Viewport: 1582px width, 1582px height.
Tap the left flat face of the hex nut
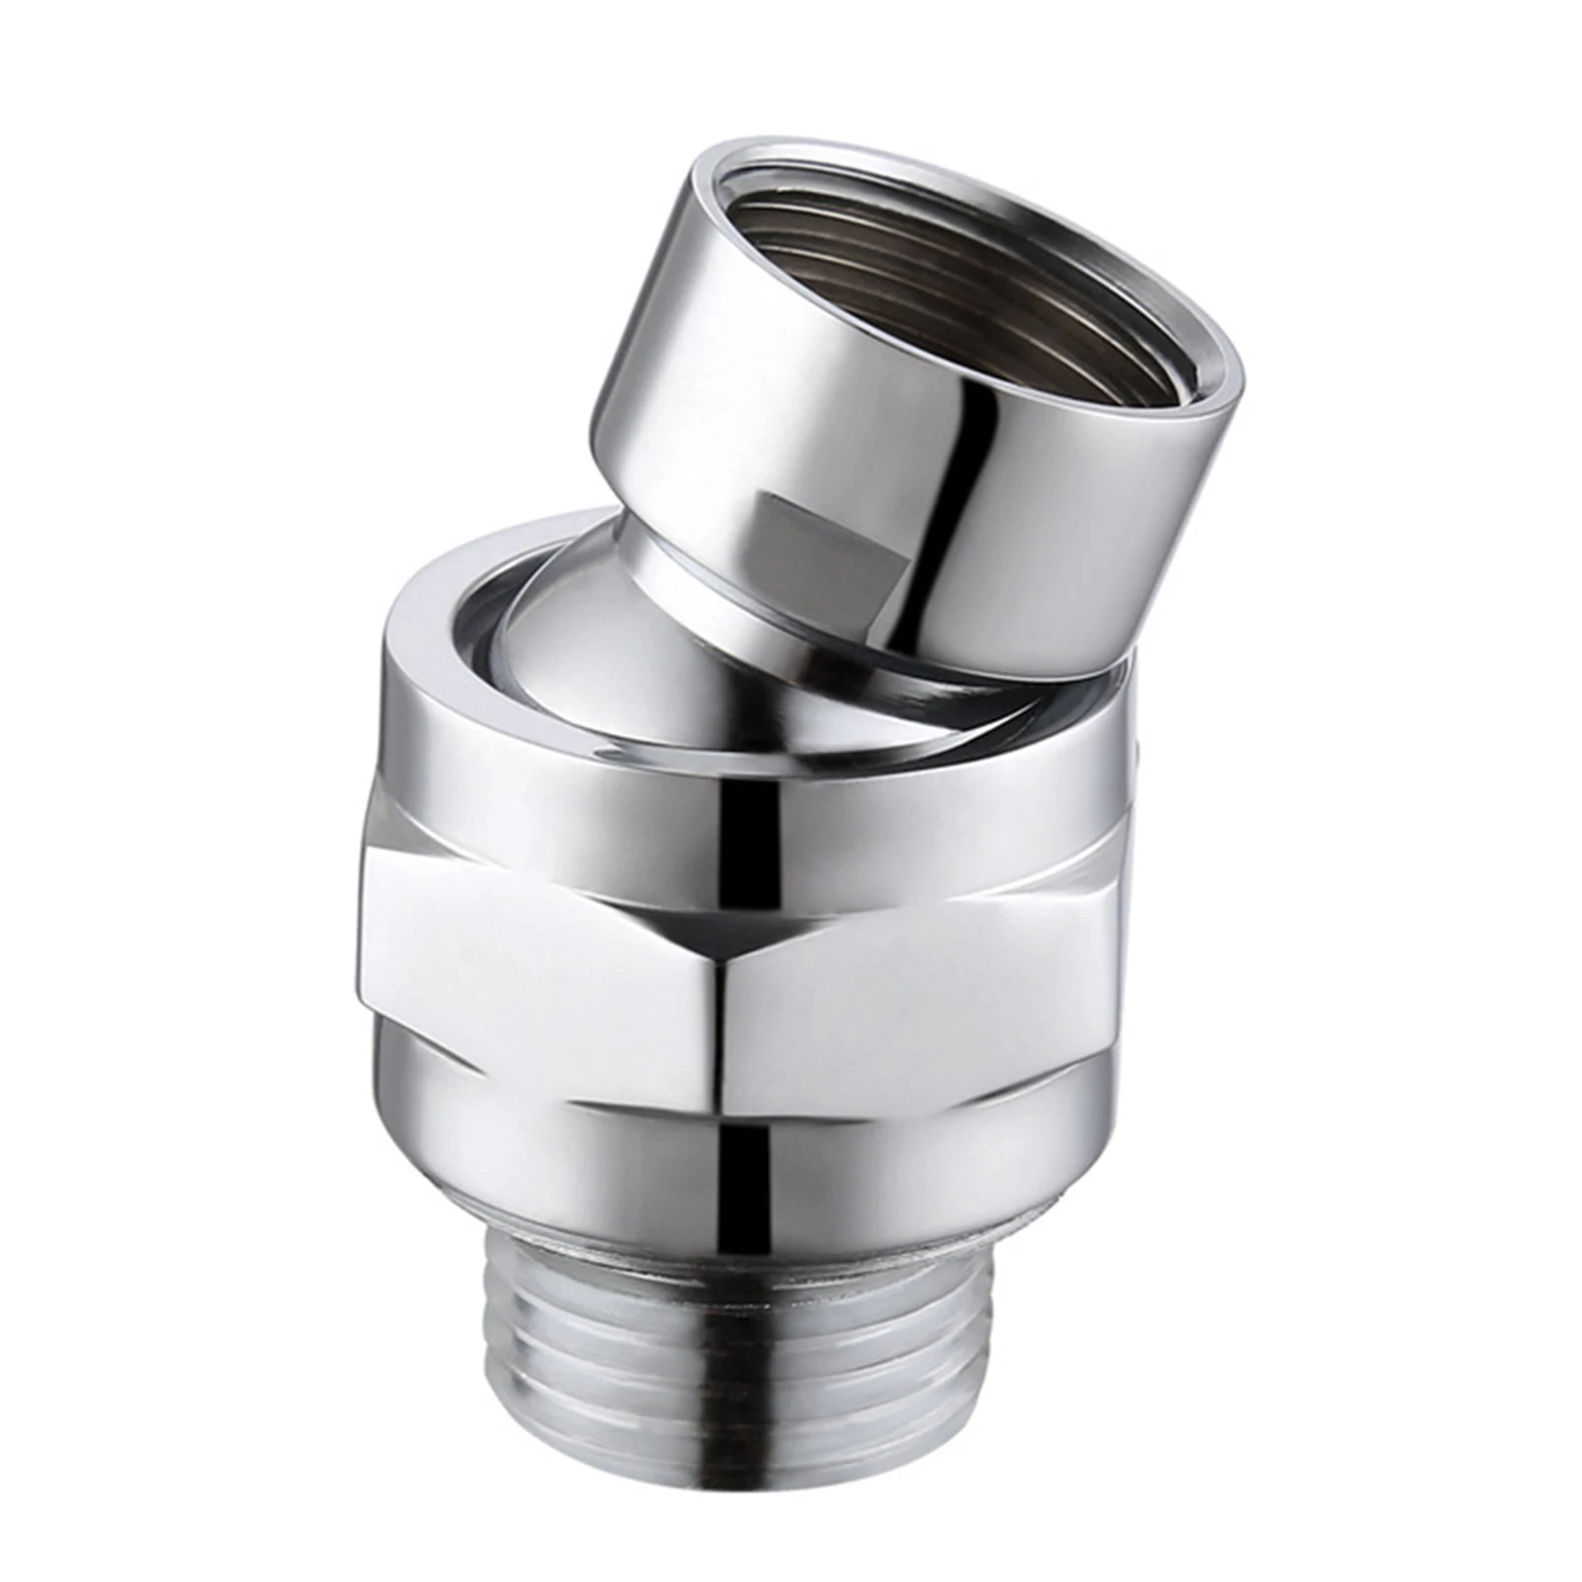click(534, 968)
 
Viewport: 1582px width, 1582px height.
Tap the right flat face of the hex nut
click(919, 968)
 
